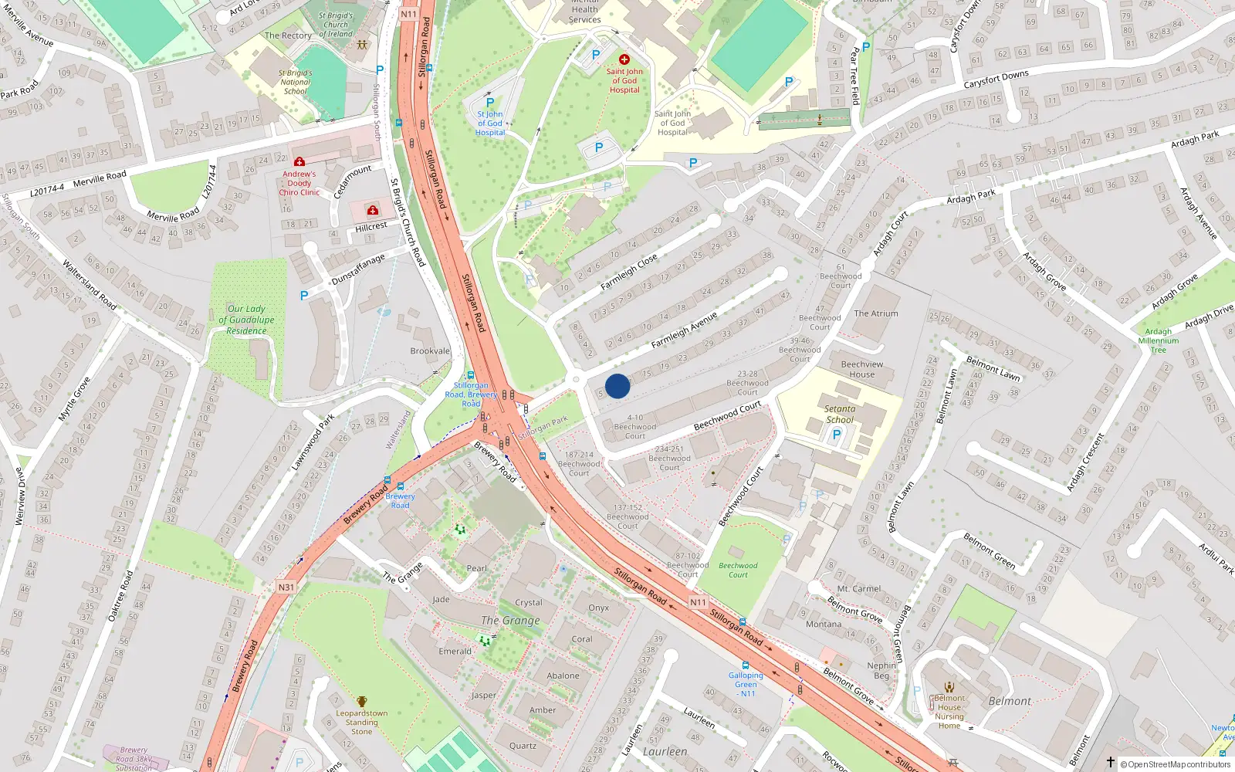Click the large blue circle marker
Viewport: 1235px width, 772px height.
coord(617,386)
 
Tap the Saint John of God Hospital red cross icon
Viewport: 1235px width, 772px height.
coord(624,59)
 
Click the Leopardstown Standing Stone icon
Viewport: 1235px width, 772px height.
coord(361,702)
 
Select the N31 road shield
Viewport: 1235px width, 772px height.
coord(286,587)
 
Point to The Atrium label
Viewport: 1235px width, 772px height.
coord(876,313)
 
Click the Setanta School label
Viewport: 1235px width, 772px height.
coord(840,415)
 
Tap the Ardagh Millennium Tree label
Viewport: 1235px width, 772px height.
coord(1158,340)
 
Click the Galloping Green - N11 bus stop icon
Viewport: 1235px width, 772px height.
coord(745,665)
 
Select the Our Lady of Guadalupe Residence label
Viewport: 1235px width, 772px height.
coord(246,320)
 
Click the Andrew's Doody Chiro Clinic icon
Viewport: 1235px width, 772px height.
coord(299,162)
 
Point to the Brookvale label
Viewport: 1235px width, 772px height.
coord(430,351)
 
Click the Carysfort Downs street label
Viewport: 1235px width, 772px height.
coord(996,79)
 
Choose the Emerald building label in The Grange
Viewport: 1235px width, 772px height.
coord(455,652)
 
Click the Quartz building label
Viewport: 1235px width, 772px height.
coord(523,746)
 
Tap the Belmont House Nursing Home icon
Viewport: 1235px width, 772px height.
coord(949,686)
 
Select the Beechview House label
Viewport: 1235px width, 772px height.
coord(862,369)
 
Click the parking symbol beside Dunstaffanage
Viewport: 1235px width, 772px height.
coord(304,296)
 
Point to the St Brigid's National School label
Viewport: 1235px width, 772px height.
coord(295,82)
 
